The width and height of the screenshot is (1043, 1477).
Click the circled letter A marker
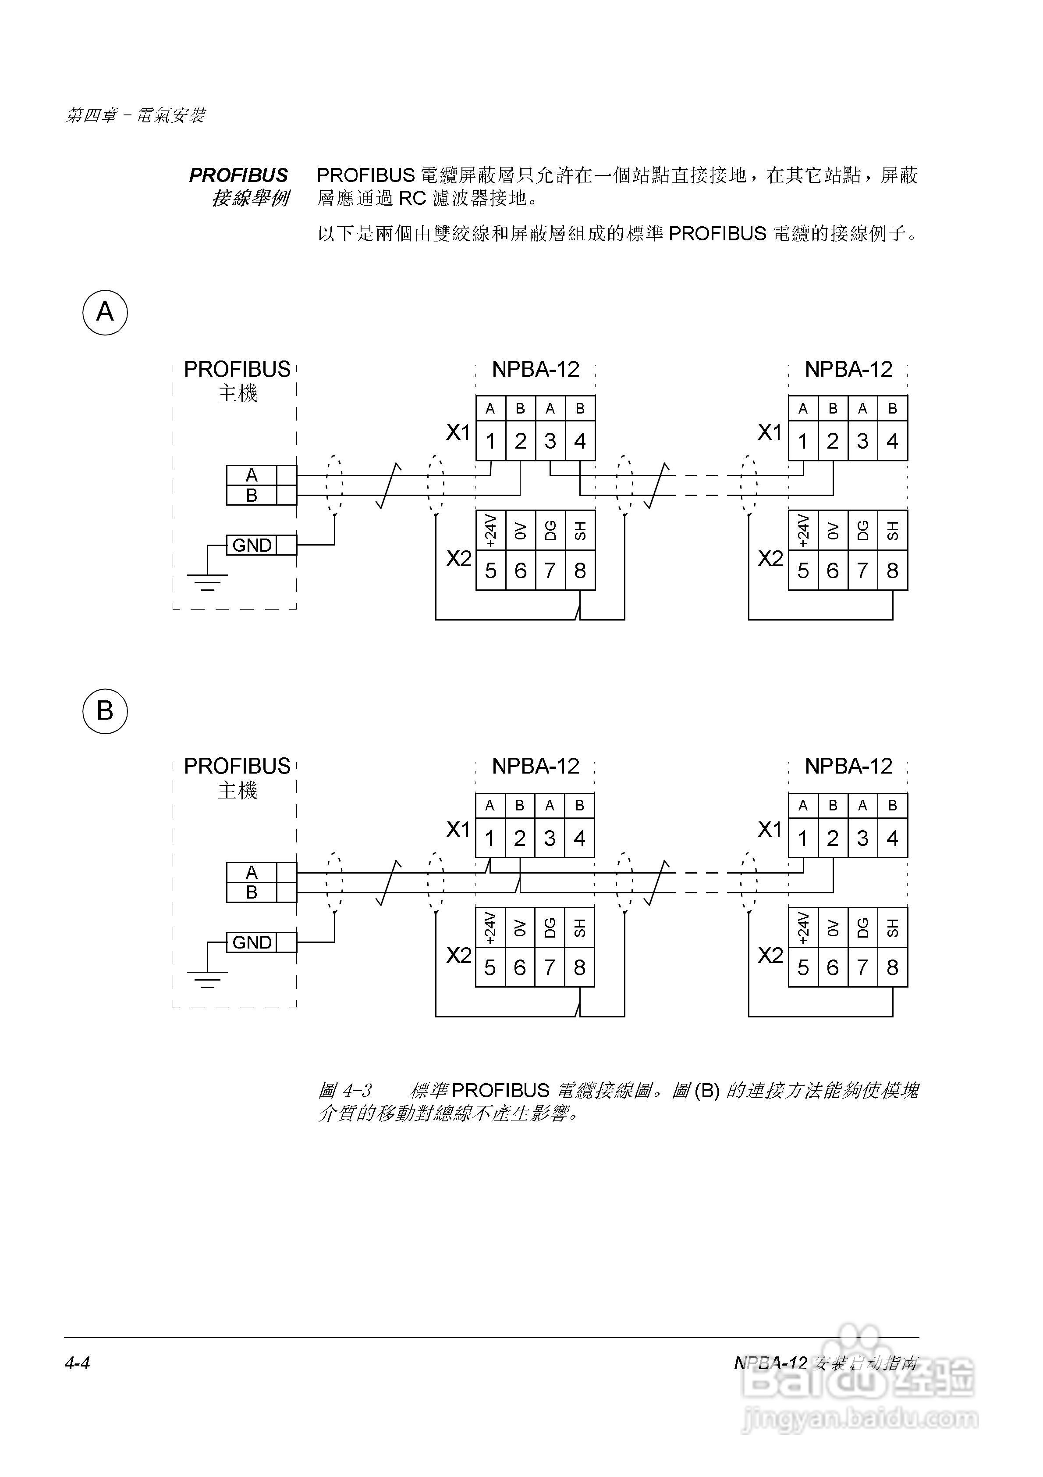click(x=105, y=313)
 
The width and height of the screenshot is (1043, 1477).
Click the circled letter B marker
click(x=105, y=711)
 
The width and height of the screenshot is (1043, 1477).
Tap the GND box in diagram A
click(x=252, y=545)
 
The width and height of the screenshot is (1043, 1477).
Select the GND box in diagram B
click(x=252, y=942)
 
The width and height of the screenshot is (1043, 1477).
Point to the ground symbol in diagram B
click(x=207, y=979)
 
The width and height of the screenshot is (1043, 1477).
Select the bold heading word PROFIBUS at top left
click(x=238, y=175)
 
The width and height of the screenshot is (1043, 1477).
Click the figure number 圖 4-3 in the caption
click(x=345, y=1090)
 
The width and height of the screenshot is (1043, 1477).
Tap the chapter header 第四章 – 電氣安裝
click(x=135, y=116)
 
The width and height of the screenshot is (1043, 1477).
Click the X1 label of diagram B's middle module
click(x=458, y=830)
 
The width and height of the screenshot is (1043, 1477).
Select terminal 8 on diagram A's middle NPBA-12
click(x=580, y=570)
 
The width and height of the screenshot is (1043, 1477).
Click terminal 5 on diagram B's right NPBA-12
click(x=803, y=967)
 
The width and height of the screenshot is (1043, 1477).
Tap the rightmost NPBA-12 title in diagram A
click(x=848, y=369)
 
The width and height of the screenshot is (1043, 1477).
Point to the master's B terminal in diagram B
click(x=252, y=892)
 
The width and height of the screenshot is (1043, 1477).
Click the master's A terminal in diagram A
click(x=252, y=475)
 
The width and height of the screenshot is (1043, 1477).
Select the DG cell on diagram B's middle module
click(x=550, y=928)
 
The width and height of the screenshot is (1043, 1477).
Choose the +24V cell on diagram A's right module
click(x=803, y=530)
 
